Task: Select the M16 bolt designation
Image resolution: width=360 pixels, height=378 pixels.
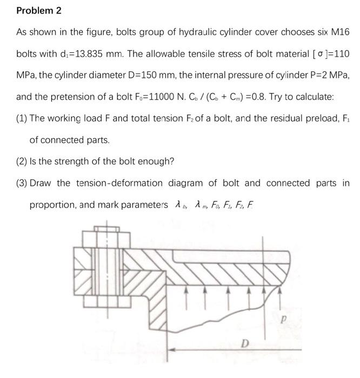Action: click(338, 32)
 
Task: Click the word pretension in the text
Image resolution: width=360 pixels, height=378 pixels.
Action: click(69, 97)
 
